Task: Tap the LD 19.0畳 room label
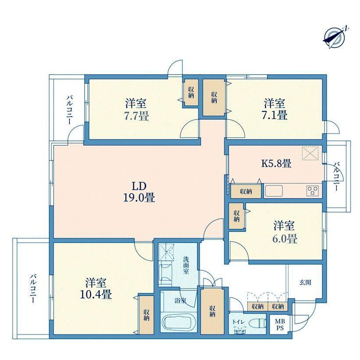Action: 139,192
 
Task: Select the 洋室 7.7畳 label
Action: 136,110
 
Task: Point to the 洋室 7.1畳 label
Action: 275,109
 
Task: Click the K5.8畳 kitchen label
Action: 276,164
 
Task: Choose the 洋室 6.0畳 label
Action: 285,232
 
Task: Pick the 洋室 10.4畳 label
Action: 96,289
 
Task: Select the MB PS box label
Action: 280,324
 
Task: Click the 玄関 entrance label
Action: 305,283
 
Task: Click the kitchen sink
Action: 274,191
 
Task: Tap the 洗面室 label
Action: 186,265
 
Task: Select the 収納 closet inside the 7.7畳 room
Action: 191,93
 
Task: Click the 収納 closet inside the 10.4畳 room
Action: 146,315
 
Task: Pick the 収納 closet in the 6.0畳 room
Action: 237,216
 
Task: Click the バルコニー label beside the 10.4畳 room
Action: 33,288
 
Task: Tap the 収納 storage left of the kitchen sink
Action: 246,191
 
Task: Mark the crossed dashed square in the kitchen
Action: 310,153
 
